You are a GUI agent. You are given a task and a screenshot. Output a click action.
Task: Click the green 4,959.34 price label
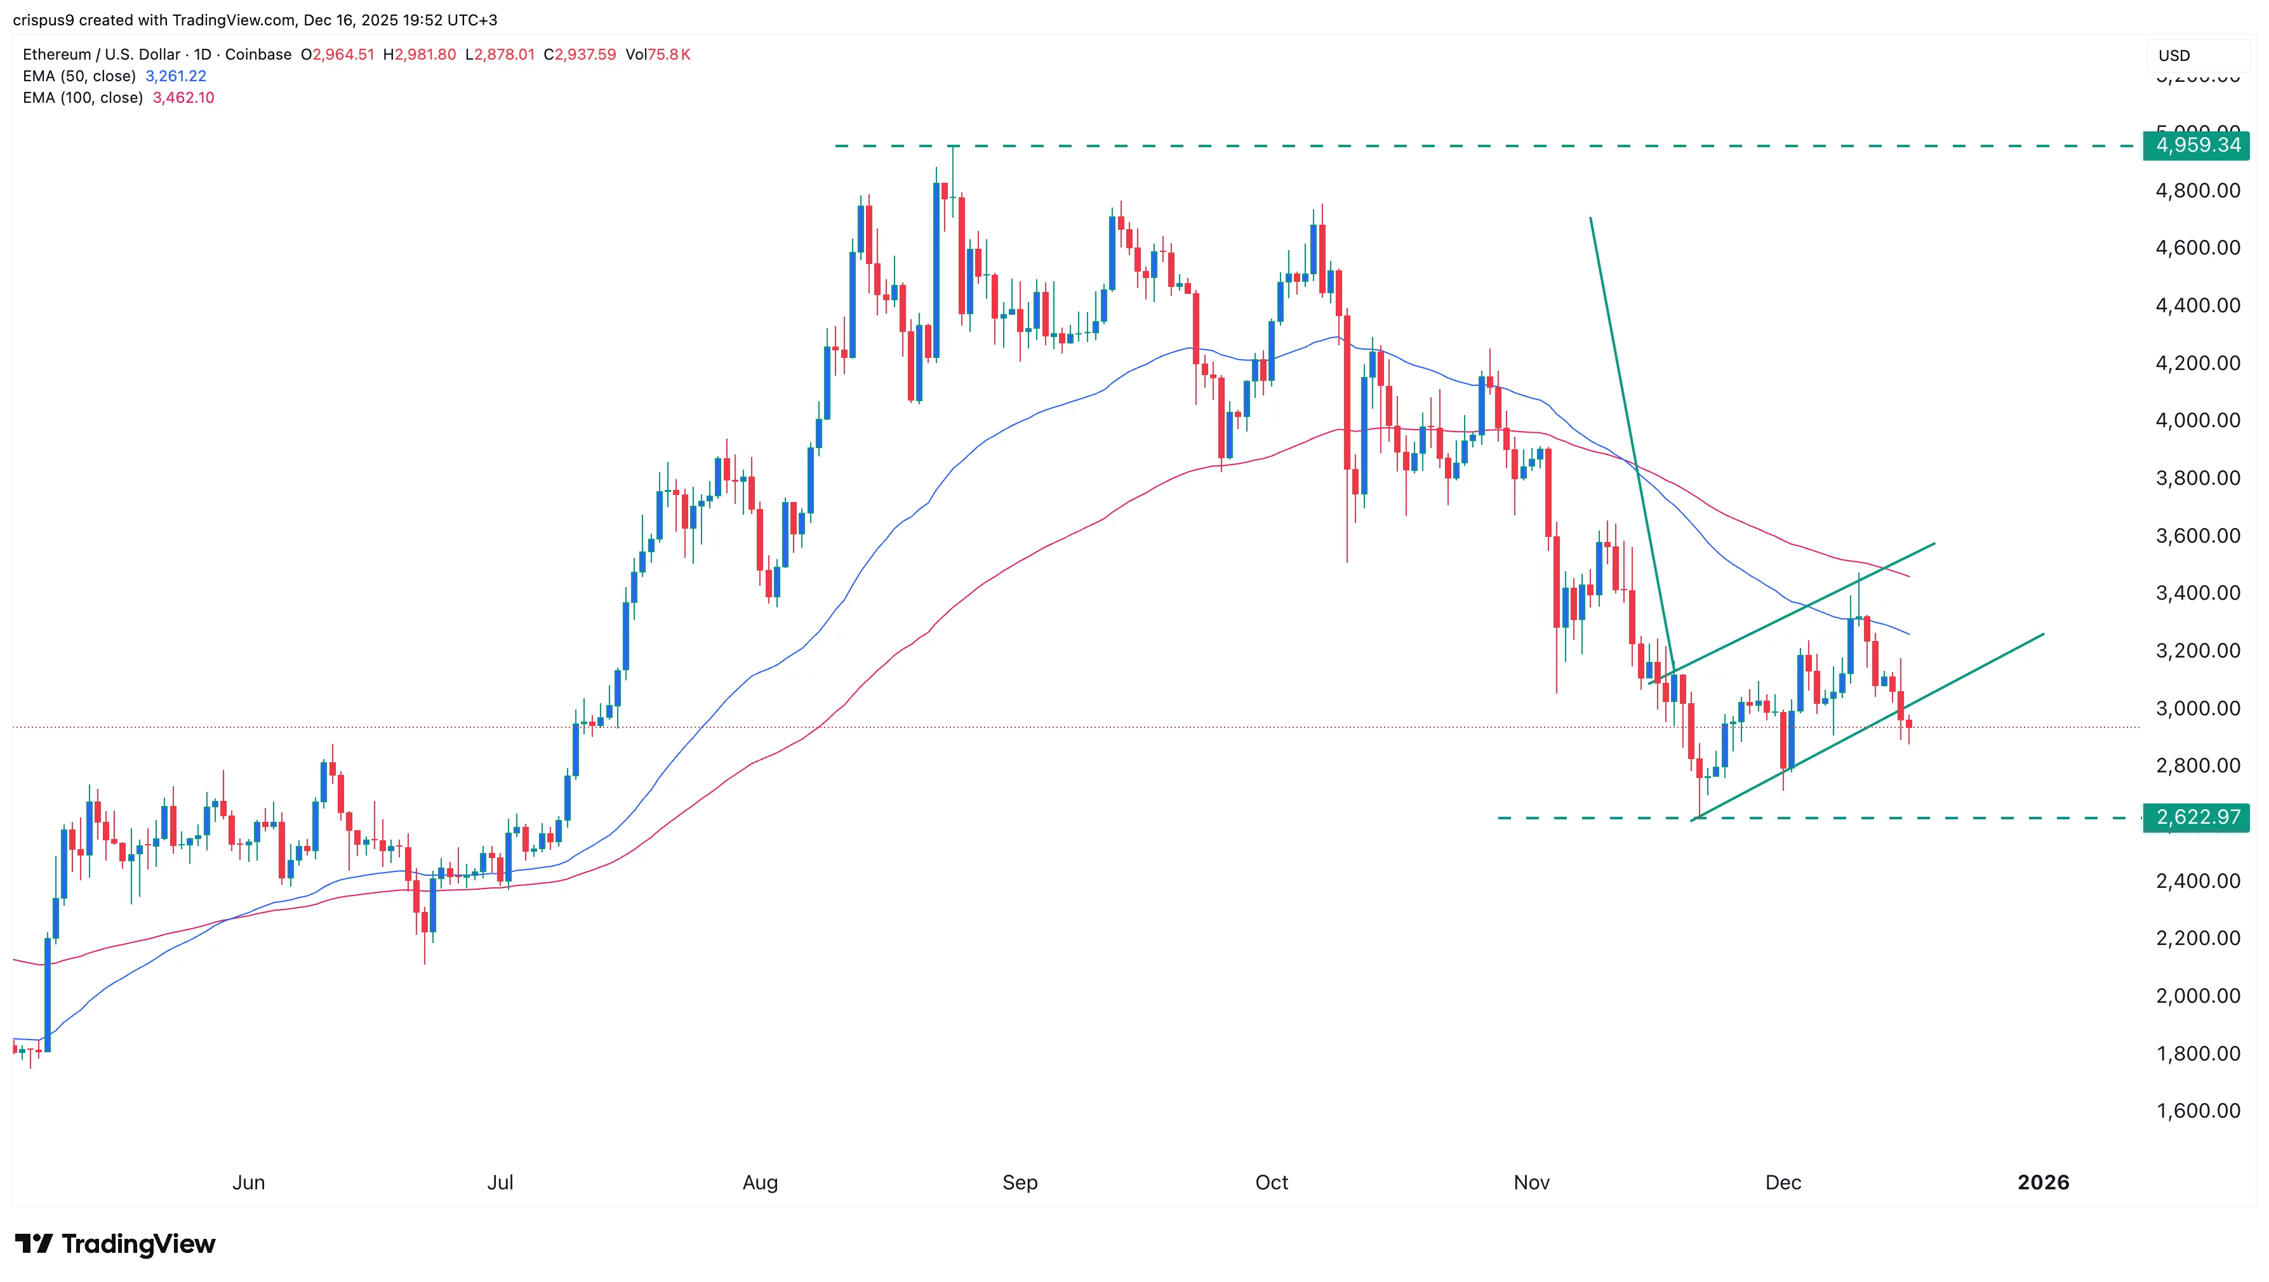pos(2197,145)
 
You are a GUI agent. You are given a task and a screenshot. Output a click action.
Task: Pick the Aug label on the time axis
pos(759,1182)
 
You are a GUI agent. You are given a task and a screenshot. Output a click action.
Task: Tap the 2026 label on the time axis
pos(2042,1182)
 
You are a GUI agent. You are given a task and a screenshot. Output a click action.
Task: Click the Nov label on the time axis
pos(1531,1182)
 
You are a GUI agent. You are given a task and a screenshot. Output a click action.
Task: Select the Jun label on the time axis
pos(248,1182)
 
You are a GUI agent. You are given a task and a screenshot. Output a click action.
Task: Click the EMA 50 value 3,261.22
pos(175,76)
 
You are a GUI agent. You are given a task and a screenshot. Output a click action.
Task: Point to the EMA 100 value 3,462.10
pos(183,98)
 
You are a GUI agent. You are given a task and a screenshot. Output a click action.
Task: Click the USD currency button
pos(2174,55)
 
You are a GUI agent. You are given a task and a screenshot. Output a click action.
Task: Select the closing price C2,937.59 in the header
pos(580,55)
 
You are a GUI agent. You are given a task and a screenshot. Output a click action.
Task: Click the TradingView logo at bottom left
pos(116,1243)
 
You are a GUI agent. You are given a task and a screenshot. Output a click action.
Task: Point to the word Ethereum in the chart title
pos(57,55)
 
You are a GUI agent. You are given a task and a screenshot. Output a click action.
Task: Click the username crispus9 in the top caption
pos(43,20)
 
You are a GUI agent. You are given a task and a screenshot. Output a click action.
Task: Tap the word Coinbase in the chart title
pos(258,55)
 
